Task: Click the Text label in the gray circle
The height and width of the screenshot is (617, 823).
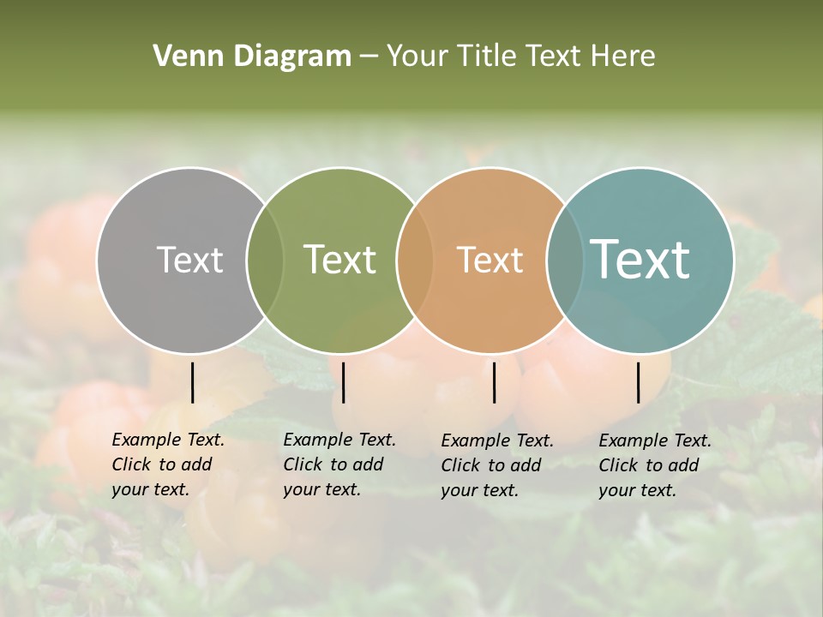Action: coord(189,260)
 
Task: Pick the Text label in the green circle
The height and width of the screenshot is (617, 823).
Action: coord(339,260)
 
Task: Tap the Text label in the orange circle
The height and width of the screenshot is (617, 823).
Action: coord(490,260)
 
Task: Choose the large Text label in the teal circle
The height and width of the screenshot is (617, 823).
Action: coord(640,260)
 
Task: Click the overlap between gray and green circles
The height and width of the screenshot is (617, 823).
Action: coord(265,260)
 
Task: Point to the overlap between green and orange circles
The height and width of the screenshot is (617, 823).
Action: coord(415,260)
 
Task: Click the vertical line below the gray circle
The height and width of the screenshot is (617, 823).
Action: coord(192,382)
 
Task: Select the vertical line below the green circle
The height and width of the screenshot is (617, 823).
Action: coord(343,382)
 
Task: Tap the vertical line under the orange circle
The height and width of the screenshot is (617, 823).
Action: coord(494,382)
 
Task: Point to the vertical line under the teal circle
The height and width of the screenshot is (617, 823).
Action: coord(638,382)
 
